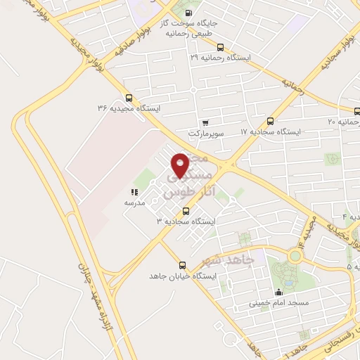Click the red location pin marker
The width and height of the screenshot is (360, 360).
(181, 165)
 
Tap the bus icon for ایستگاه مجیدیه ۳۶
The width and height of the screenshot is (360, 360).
(129, 98)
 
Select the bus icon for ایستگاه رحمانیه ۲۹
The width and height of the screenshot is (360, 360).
(220, 47)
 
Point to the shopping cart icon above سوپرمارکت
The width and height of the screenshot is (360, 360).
(205, 123)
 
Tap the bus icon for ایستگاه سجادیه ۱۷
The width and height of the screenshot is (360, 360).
(271, 120)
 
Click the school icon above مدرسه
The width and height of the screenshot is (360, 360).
(134, 192)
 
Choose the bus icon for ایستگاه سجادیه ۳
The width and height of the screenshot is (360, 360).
(186, 210)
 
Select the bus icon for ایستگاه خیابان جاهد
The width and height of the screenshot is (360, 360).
(183, 265)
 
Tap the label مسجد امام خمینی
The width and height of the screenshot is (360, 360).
(278, 304)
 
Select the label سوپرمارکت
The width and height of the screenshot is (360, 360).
(205, 133)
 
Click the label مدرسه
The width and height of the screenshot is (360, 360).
(134, 202)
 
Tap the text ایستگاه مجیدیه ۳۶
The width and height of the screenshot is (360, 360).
(129, 108)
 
